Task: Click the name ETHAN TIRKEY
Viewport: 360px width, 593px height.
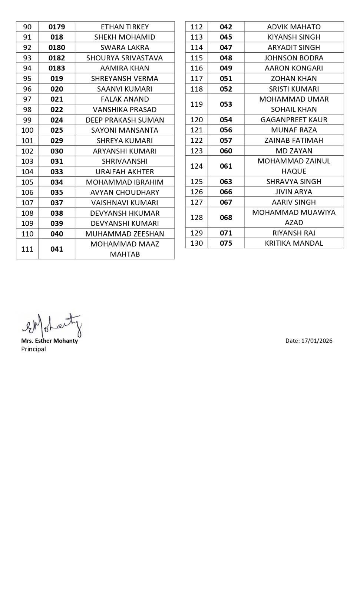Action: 125,27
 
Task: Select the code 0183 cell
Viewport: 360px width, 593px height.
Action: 57,68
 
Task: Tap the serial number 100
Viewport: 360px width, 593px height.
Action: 27,130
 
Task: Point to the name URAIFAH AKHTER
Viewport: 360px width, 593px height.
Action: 125,172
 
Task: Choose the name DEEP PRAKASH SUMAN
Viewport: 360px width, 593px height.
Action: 125,120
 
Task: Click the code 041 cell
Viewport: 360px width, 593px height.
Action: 57,249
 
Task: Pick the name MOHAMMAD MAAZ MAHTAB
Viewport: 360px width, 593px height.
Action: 125,249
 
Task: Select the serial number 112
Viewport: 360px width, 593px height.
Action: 196,27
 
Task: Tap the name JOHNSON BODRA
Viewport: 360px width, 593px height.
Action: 294,58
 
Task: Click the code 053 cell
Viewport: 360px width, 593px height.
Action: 226,104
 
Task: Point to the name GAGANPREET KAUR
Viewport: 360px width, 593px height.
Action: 294,120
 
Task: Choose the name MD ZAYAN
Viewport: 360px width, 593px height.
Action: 294,151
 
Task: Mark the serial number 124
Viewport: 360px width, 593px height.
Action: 196,166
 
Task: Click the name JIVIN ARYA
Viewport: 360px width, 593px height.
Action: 294,192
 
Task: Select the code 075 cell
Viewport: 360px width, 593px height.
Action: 226,243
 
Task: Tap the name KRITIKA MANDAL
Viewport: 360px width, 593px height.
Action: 294,243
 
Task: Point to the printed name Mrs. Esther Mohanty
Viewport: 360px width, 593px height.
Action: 49,341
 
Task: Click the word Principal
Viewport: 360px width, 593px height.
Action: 33,349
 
